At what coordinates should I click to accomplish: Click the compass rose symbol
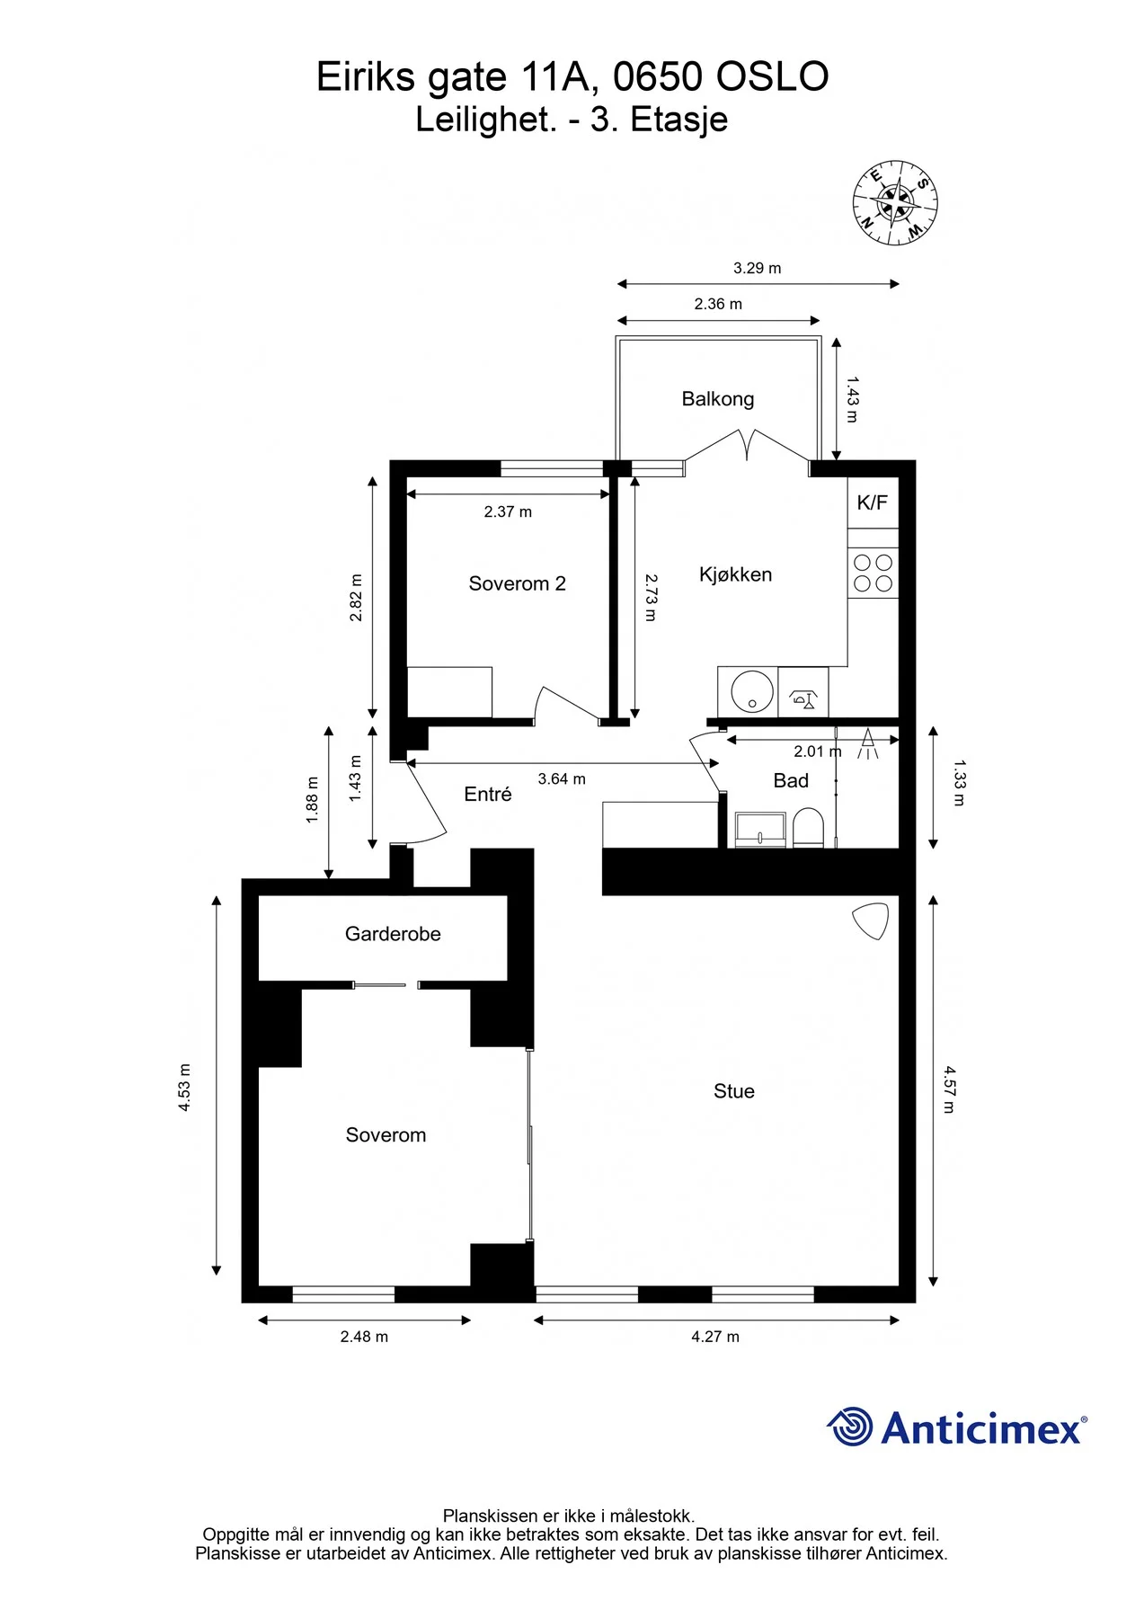click(895, 203)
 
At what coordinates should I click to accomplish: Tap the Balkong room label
click(717, 399)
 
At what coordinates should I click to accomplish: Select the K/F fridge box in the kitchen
click(873, 502)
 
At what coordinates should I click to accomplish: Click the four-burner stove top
click(873, 573)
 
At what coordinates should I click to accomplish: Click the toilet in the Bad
click(808, 828)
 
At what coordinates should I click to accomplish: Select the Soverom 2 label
click(517, 584)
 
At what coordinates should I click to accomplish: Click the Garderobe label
click(393, 934)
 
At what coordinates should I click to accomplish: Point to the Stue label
click(733, 1091)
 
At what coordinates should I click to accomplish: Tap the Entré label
click(487, 794)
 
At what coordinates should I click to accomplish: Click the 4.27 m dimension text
click(715, 1337)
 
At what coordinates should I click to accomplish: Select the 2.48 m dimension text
click(364, 1337)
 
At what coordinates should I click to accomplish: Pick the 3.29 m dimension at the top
click(757, 268)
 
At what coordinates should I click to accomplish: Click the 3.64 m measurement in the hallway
click(562, 778)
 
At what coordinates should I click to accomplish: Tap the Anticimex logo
click(957, 1427)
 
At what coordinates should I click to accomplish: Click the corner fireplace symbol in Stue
click(871, 921)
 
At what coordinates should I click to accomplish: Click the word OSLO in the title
click(772, 77)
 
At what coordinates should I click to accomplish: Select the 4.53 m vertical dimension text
click(184, 1088)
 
